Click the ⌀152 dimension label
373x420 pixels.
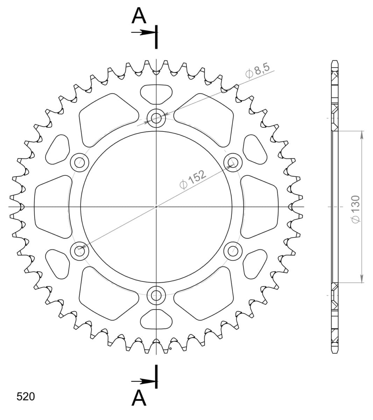tap(192, 179)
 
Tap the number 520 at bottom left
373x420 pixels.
tap(26, 397)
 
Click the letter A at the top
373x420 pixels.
tap(139, 16)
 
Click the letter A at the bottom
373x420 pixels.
tap(139, 398)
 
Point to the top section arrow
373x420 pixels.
tap(143, 32)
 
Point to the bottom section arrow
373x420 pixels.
tap(143, 381)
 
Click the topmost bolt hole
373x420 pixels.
tap(156, 118)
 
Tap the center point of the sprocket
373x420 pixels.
tap(156, 206)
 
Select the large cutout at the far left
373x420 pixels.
tap(52, 206)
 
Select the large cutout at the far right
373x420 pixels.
tap(260, 206)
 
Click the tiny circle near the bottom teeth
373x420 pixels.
tap(170, 348)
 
